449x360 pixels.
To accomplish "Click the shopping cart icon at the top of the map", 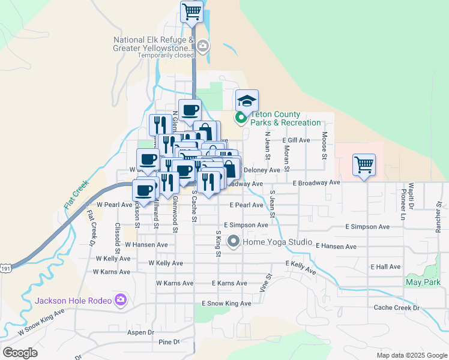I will coord(191,11).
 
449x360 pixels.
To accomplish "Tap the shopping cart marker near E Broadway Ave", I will coord(364,164).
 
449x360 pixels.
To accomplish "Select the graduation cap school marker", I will coord(247,100).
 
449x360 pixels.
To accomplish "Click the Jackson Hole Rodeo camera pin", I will coord(121,299).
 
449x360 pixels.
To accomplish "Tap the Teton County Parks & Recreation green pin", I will coord(241,118).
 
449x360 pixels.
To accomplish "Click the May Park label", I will coord(420,281).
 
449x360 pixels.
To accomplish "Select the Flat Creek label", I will coord(76,194).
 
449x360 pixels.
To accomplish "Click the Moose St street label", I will coord(324,146).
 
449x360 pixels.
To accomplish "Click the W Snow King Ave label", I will coord(40,322).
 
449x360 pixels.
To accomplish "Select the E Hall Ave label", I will coord(385,266).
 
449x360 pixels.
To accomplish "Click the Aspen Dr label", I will coord(140,332).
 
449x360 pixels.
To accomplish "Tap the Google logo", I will coord(20,353).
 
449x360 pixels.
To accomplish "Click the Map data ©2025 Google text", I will coord(411,355).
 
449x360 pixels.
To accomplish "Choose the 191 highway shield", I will coord(5,270).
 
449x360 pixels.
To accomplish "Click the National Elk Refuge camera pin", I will coord(203,45).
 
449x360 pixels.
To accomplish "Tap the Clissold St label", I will coord(118,236).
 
